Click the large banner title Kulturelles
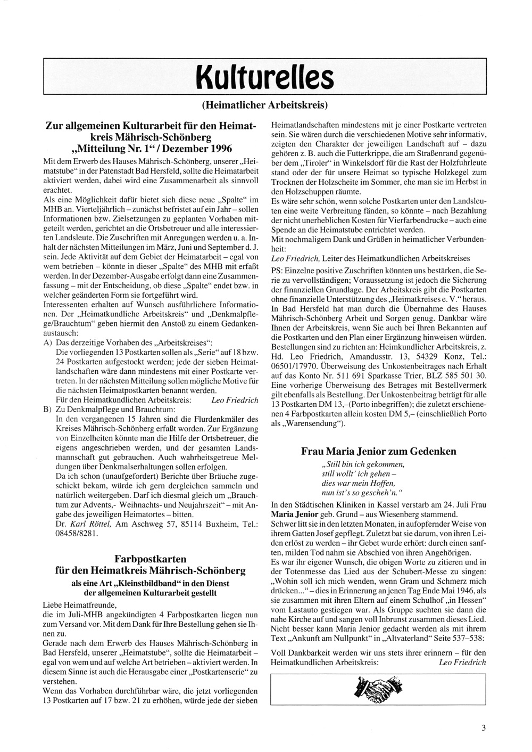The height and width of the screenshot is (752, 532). (264, 78)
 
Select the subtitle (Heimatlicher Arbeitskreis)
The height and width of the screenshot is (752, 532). (264, 104)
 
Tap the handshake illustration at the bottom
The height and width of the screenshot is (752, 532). (378, 689)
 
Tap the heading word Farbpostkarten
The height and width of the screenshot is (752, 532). (151, 559)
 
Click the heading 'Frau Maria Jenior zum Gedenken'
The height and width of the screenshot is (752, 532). (378, 451)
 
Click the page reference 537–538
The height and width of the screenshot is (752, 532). (464, 638)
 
